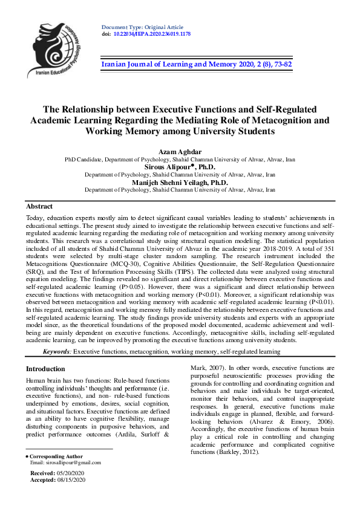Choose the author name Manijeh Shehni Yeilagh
[x=180, y=182]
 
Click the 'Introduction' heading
[x=45, y=369]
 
